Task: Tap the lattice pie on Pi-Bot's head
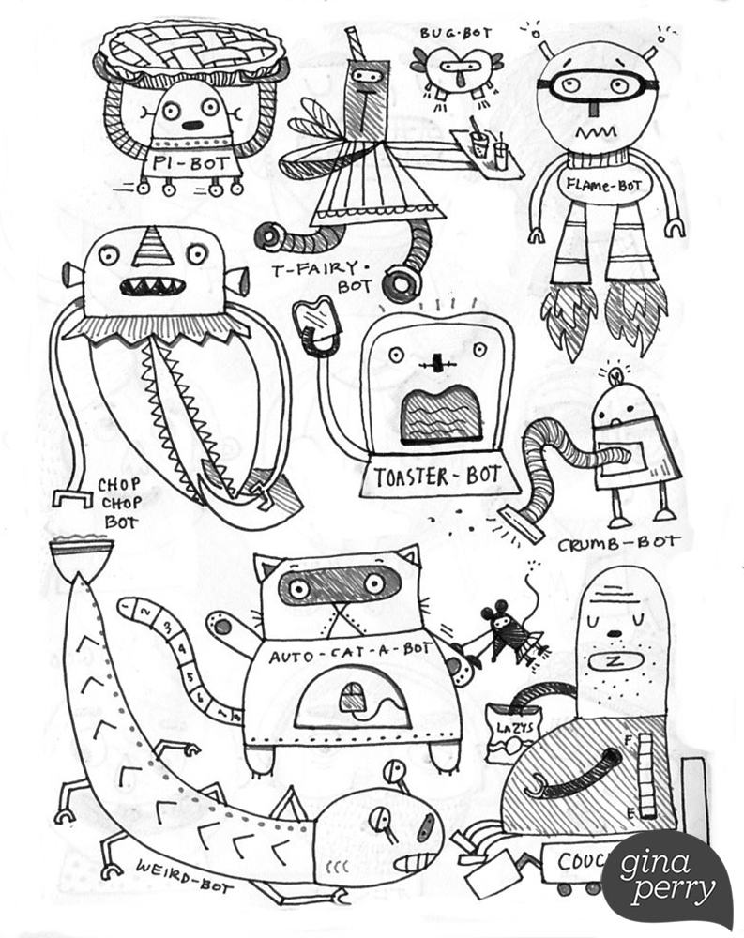(195, 48)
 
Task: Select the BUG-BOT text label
(455, 33)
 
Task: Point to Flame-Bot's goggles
(597, 86)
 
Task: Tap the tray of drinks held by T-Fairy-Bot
(486, 149)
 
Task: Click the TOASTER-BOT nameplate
(436, 477)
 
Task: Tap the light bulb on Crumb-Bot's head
(615, 375)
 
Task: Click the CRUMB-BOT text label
(617, 544)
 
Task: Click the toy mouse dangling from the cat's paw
(506, 635)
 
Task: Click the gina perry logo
(667, 877)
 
